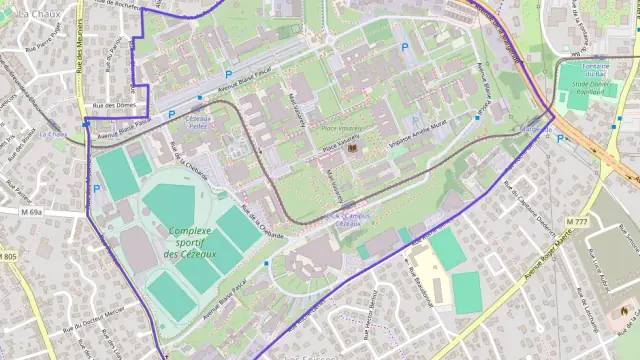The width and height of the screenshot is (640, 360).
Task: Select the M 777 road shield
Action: [x=576, y=220]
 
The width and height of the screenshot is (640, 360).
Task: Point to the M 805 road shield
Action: [x=8, y=257]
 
